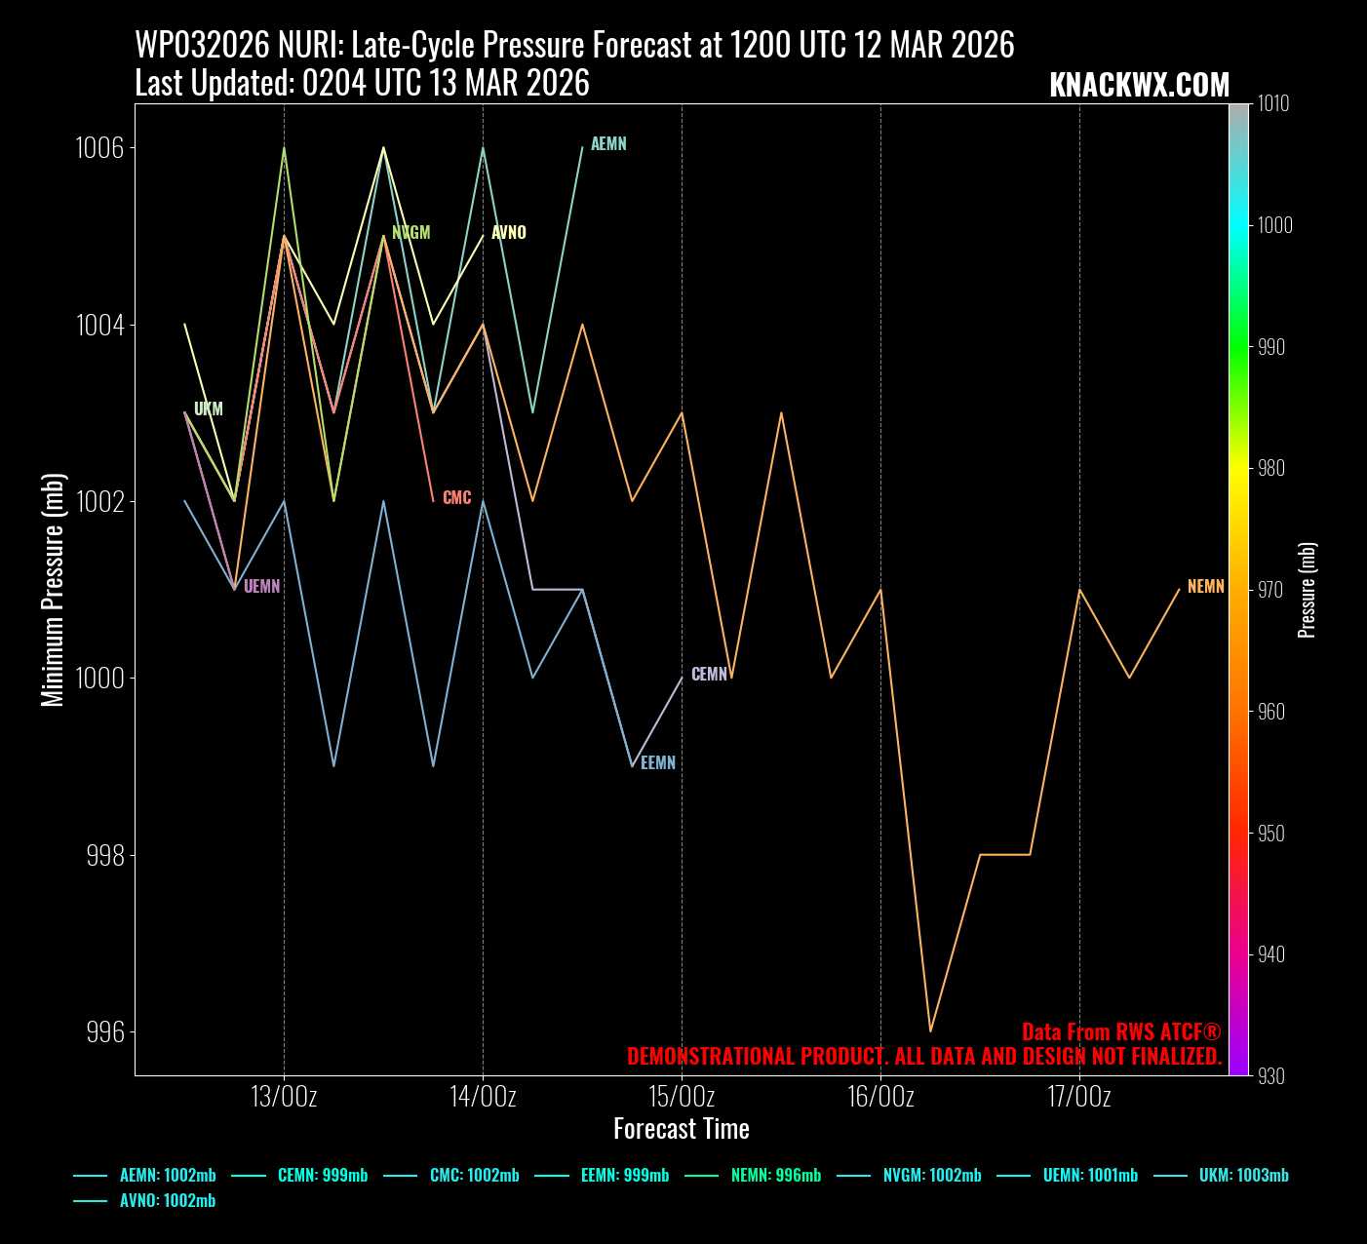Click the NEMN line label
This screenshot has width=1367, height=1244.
[x=1205, y=587]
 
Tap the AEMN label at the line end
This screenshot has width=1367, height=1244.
[x=608, y=144]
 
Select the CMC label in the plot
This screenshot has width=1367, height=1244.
[x=456, y=498]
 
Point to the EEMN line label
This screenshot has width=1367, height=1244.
[x=658, y=763]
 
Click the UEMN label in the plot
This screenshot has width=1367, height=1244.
[x=261, y=587]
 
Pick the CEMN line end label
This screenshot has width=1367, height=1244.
[x=709, y=675]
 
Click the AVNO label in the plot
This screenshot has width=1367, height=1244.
[x=508, y=233]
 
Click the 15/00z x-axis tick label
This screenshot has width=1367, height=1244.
[x=682, y=1097]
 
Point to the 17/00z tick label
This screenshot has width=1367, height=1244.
[x=1079, y=1097]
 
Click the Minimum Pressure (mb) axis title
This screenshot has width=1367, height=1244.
[x=53, y=590]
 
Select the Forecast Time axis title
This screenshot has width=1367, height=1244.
[x=682, y=1129]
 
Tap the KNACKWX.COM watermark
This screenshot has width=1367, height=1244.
[x=1139, y=86]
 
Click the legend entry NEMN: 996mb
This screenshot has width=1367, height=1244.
[x=776, y=1176]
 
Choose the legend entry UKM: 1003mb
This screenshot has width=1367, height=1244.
[x=1243, y=1176]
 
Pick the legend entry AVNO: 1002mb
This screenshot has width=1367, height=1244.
[x=167, y=1201]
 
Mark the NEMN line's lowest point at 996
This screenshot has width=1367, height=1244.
[x=930, y=1030]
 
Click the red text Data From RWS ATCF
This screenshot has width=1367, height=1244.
[x=1120, y=1032]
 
